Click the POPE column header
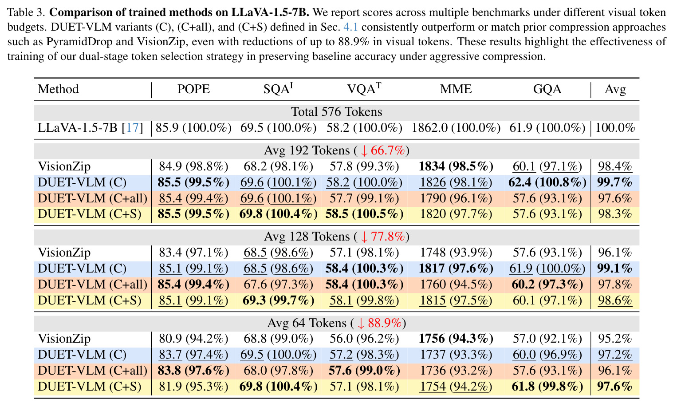tap(193, 89)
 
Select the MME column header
tap(456, 89)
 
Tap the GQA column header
tap(547, 89)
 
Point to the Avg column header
tap(615, 90)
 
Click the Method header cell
tap(58, 89)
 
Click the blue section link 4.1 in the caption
tap(350, 27)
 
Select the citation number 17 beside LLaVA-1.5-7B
tap(132, 128)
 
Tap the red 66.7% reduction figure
tap(388, 150)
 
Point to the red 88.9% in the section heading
tap(385, 323)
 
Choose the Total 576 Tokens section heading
tap(336, 112)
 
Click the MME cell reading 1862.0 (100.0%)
tap(456, 128)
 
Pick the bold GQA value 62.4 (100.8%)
tap(547, 182)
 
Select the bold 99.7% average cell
tap(615, 182)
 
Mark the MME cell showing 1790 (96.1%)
tap(456, 198)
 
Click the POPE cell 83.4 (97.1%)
tap(193, 253)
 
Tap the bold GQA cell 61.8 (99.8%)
tap(547, 387)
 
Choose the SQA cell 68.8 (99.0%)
tap(278, 339)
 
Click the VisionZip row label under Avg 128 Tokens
tap(64, 253)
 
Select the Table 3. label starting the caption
tap(26, 12)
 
